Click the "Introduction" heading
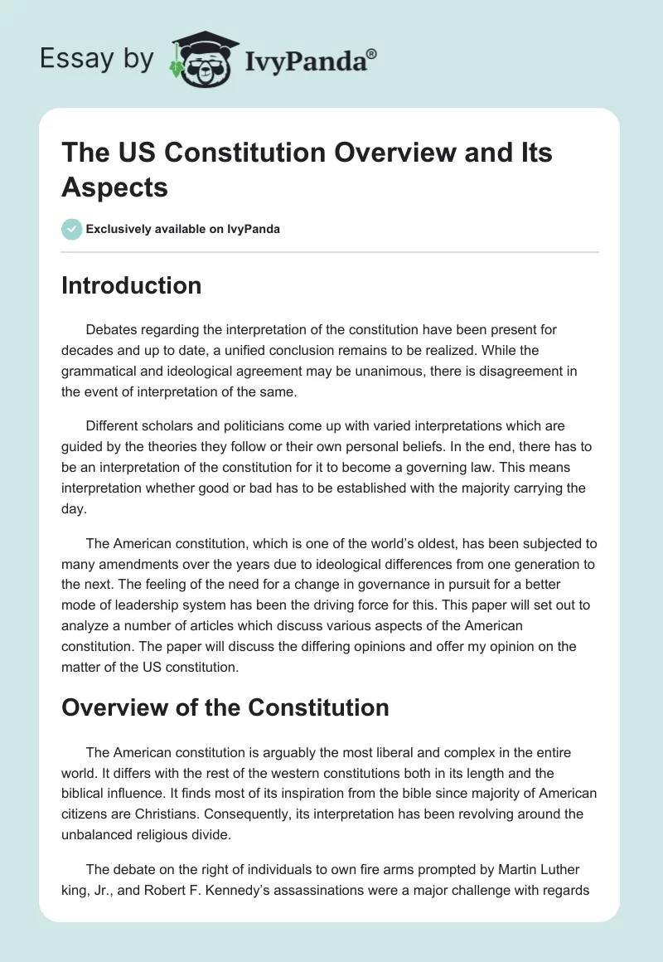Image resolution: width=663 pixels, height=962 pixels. (131, 285)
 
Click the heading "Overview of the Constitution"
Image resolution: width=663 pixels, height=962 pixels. (225, 707)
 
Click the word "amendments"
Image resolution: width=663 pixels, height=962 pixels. (133, 566)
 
